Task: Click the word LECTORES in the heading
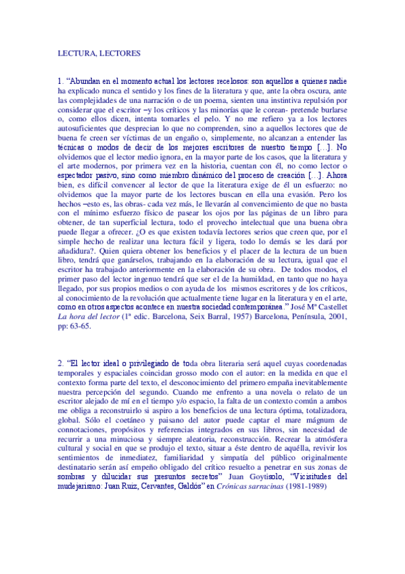(120, 51)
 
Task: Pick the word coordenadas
(323, 363)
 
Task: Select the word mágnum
(330, 429)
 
